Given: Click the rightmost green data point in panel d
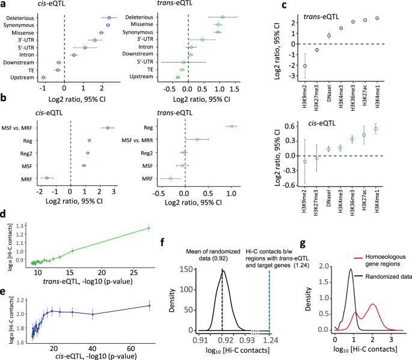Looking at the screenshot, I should click(149, 228).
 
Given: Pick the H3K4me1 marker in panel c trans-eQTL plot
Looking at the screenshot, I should click(376, 18).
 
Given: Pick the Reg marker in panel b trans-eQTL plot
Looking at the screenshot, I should click(230, 126).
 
